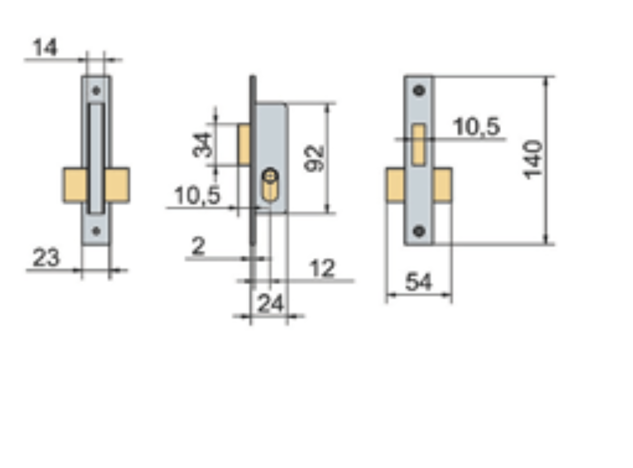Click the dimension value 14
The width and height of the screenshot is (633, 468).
coord(45,48)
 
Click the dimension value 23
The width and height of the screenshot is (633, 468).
coord(46,257)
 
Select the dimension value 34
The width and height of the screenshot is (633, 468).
coord(203,144)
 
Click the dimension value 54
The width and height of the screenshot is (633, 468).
coord(418,282)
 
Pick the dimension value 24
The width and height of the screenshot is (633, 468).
coord(270,304)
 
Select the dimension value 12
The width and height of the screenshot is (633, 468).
coord(322,268)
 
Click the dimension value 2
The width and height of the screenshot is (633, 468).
coord(198,247)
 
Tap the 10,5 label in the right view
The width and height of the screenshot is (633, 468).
coord(476,127)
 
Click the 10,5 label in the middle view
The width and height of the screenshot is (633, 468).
coord(197,196)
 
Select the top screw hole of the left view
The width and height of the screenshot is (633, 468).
coord(96,90)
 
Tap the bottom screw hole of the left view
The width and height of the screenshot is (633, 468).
coord(96,231)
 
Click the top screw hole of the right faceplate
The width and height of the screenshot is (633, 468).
coord(419,90)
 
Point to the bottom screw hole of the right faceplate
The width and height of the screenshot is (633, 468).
coord(419,231)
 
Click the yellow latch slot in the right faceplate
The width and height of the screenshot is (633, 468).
coord(418,144)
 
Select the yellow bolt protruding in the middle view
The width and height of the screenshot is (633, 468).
coord(244,144)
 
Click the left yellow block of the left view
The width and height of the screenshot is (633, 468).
coord(74,185)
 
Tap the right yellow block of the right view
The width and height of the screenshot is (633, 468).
coord(443,185)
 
